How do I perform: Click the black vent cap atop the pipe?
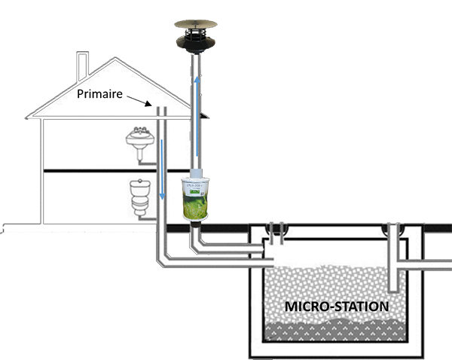pos(195,42)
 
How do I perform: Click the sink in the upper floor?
pos(141,140)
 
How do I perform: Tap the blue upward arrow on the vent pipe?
pos(197,105)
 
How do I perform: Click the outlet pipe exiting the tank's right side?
pos(429,264)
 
